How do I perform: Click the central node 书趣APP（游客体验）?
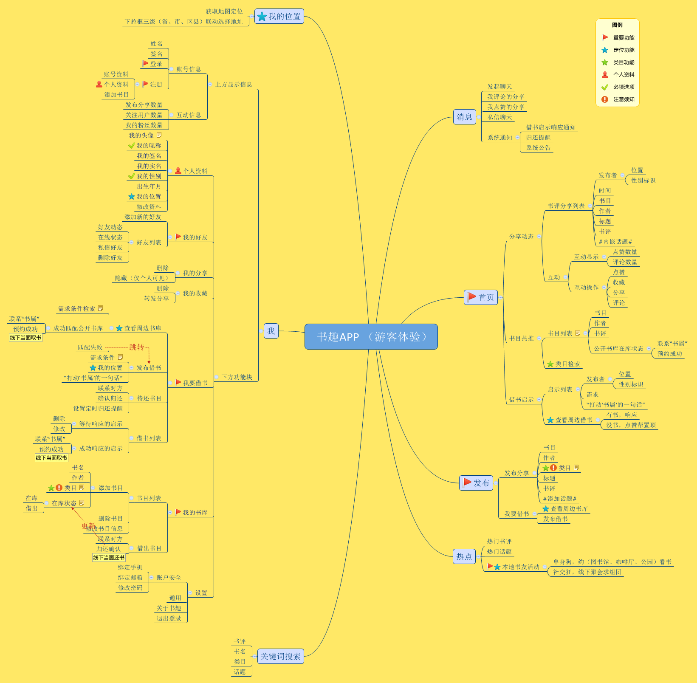[371, 336]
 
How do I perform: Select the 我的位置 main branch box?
[279, 17]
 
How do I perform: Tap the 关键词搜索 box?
[280, 656]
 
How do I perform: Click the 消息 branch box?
[464, 117]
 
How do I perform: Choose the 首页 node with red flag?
[481, 297]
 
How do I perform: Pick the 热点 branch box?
[464, 556]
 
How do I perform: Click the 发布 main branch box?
[476, 483]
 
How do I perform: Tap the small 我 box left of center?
[271, 331]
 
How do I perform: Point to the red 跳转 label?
[137, 347]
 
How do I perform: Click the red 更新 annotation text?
[88, 526]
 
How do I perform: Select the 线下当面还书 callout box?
[109, 558]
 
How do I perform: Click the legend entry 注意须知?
[624, 99]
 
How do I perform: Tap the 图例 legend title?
[617, 25]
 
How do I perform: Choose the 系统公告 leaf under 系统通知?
[538, 148]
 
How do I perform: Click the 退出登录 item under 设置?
[169, 618]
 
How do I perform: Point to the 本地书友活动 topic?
[521, 567]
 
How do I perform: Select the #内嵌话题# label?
[615, 242]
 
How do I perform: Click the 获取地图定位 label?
[224, 11]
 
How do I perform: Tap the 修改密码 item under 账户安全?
[130, 588]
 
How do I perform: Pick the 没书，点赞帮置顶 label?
[631, 425]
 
